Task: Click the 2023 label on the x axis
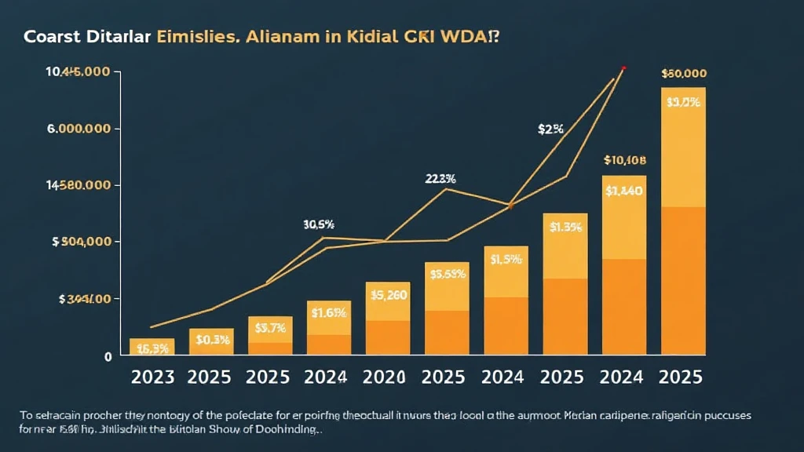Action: pos(152,377)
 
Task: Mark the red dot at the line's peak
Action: pos(623,69)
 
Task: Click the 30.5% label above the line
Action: pos(318,224)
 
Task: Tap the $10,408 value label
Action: pos(624,160)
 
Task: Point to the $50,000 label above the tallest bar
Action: pos(684,74)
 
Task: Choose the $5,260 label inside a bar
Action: pos(388,296)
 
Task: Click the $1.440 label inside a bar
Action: pos(625,190)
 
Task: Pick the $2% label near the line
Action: pos(550,129)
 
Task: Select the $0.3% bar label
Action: pos(212,340)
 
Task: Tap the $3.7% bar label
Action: pos(270,328)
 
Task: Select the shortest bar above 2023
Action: pos(152,347)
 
